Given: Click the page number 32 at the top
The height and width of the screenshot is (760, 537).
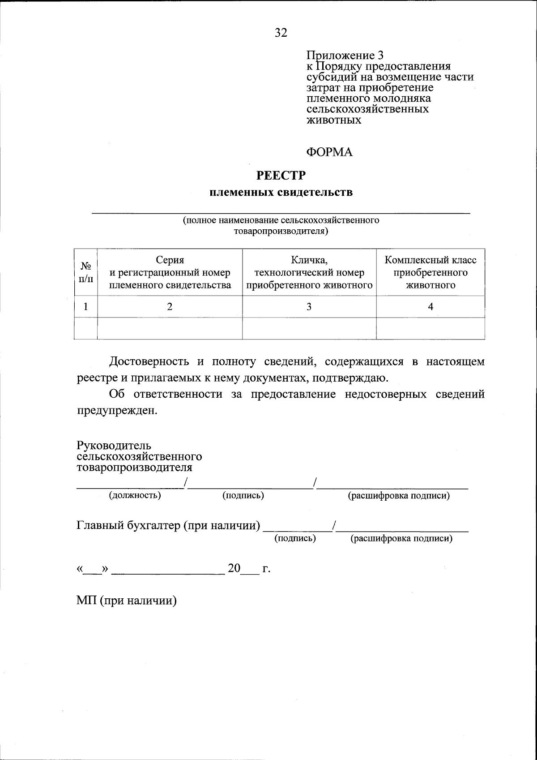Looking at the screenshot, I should pos(281,33).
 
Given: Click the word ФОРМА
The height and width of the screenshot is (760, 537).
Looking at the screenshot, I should pos(329,152).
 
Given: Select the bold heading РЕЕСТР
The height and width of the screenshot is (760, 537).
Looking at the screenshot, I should pos(281,176).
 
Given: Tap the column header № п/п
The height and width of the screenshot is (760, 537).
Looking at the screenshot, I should pos(86,272).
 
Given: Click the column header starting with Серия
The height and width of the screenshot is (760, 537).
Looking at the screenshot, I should pos(170,272).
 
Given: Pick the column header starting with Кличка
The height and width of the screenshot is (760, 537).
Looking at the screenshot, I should pos(309,272).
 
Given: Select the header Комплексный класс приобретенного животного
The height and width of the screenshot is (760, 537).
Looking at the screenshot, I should pos(430,272).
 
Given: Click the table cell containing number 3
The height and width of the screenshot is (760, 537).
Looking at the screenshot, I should pos(309,307).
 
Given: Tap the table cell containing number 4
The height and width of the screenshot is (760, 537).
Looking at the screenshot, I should pos(430,307).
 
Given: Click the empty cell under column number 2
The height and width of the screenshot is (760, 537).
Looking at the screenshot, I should pos(170,328).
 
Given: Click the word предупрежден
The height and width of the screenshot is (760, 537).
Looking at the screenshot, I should pos(117,410).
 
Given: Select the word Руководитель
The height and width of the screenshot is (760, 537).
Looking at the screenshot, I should pos(114,446).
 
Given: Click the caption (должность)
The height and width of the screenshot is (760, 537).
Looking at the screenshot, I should pos(135,495).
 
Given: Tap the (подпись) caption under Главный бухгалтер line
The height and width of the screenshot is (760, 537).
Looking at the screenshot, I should pos(295,538).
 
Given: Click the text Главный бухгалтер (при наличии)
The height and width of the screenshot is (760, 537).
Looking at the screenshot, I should pos(168,525).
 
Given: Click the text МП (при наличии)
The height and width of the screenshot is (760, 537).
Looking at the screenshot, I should pos(127,601).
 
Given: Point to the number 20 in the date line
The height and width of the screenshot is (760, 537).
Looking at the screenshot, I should pos(234,568).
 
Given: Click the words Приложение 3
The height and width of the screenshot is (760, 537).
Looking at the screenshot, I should pos(345,56).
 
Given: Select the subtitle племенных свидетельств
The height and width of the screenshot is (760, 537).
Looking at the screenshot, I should pos(281,193).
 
